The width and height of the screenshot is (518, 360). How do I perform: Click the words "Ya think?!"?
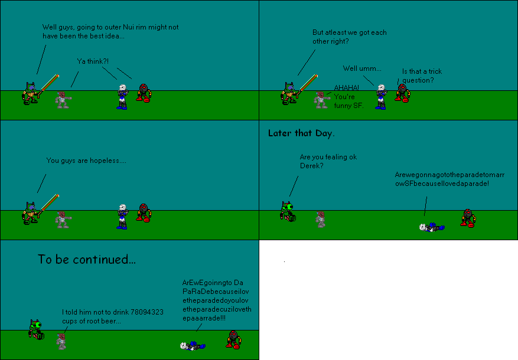93,61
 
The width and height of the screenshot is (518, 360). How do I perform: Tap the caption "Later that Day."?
301,133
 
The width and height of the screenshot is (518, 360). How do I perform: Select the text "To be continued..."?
87,259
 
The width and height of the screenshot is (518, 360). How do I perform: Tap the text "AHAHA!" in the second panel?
346,87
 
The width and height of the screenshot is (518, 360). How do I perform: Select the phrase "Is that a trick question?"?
422,76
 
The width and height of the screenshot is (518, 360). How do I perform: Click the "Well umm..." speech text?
362,68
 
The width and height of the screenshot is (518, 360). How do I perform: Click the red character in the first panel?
143,93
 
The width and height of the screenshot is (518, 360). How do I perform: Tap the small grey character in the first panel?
62,99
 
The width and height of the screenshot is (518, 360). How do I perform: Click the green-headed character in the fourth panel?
287,211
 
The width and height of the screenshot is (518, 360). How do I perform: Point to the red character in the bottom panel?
233,339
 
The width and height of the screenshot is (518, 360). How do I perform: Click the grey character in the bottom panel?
61,341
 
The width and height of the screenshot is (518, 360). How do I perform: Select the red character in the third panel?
143,212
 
